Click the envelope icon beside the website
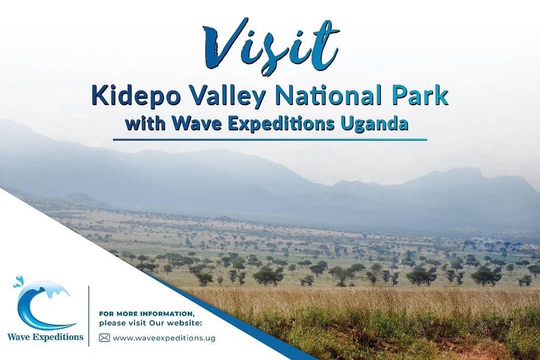pos(104,338)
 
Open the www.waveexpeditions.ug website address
pos(164,338)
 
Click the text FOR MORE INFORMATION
pos(146,314)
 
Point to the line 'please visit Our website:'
pos(151,323)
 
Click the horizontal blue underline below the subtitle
pos(270,140)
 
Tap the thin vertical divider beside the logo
pos(89,316)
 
